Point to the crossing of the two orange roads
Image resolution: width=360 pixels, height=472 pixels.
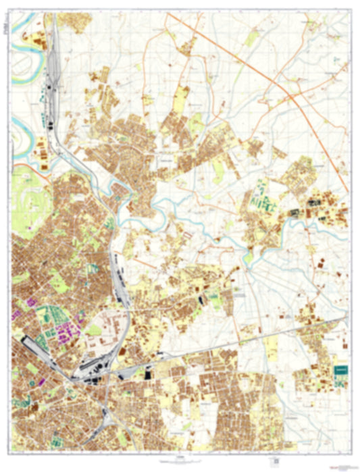tap(292, 97)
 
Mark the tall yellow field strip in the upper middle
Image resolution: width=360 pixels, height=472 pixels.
tap(181, 98)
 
